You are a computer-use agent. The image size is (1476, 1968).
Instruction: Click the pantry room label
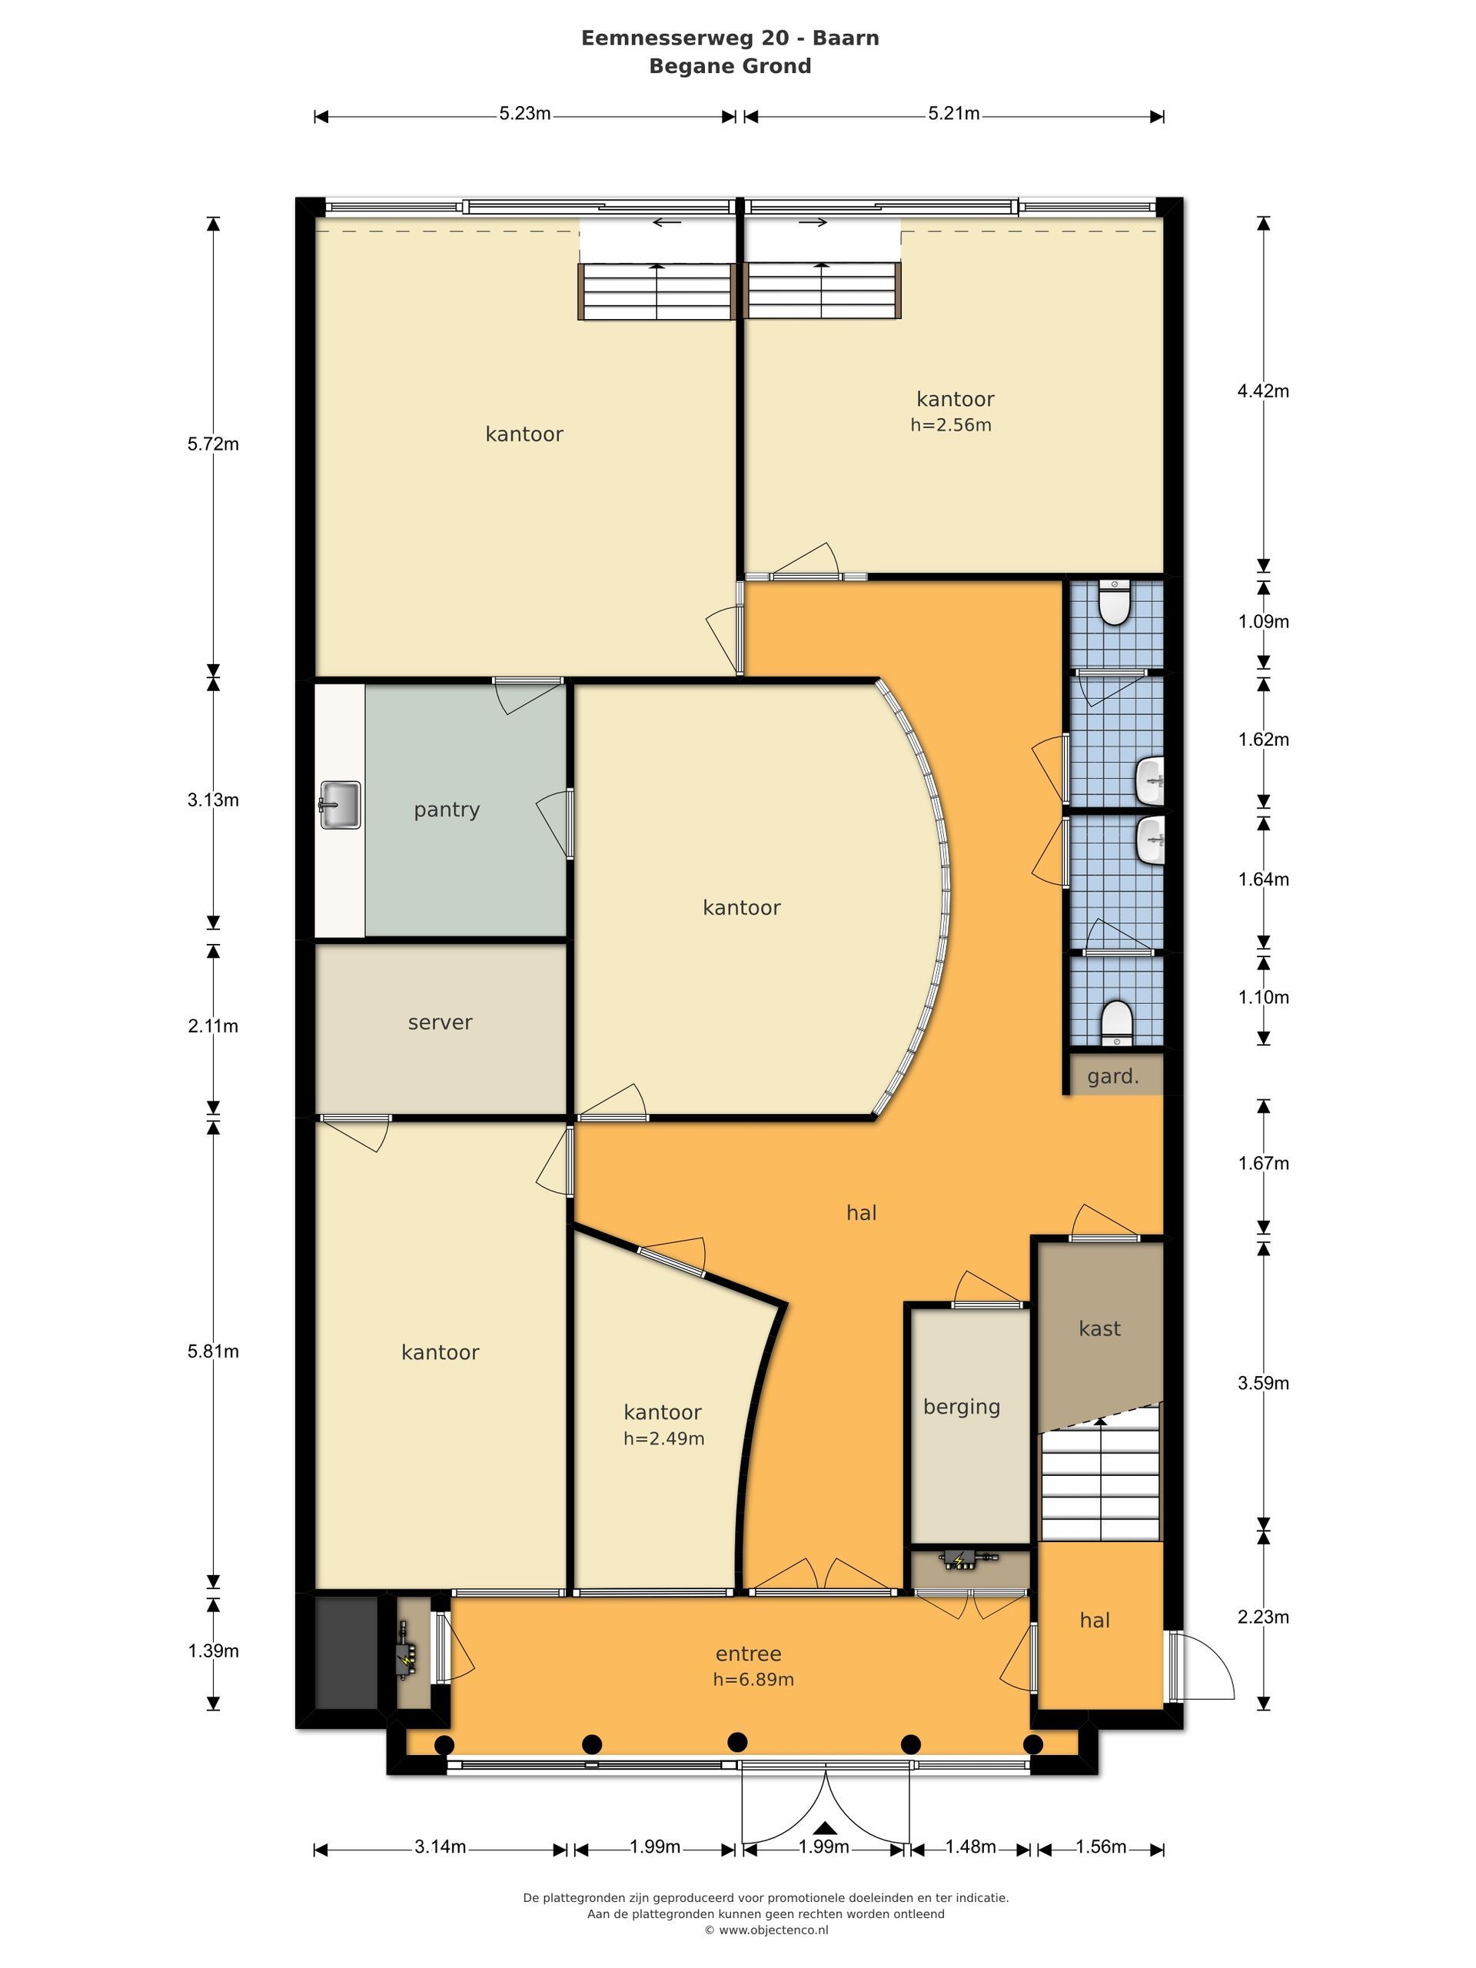pos(447,809)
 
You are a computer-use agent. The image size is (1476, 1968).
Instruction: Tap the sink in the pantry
pos(339,805)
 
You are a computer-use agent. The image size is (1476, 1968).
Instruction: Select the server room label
pos(440,1022)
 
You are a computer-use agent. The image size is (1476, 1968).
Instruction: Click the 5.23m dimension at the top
pos(525,114)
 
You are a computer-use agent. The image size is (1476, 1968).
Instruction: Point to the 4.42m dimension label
pos(1262,391)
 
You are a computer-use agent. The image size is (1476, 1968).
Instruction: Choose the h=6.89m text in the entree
pos(753,1680)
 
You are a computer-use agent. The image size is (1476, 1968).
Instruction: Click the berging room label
pos(962,1407)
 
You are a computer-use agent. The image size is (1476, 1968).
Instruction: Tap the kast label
pos(1099,1328)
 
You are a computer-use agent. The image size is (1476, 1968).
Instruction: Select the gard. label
pos(1113,1076)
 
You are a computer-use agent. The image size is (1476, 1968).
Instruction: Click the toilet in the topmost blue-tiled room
pos(1114,603)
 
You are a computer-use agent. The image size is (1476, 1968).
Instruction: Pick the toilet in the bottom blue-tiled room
pos(1115,1022)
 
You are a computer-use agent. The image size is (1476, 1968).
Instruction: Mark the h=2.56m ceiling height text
pos(950,425)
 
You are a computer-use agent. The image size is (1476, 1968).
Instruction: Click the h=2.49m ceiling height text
pos(663,1438)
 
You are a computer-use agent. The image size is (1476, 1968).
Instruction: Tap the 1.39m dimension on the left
pos(213,1651)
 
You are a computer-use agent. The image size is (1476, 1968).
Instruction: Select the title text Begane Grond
pos(730,66)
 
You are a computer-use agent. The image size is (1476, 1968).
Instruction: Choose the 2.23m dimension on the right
pos(1262,1617)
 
